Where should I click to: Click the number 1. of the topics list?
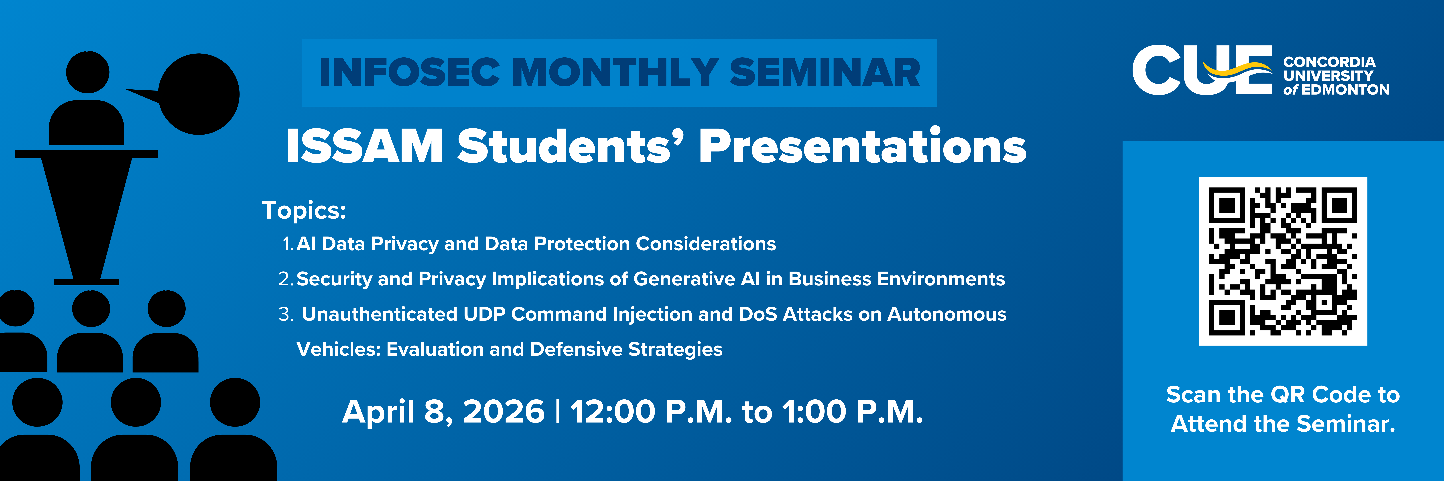(288, 244)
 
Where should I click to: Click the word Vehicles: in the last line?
(339, 349)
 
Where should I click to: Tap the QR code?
(1283, 262)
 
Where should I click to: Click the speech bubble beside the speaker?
(191, 94)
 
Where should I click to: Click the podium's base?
(86, 282)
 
